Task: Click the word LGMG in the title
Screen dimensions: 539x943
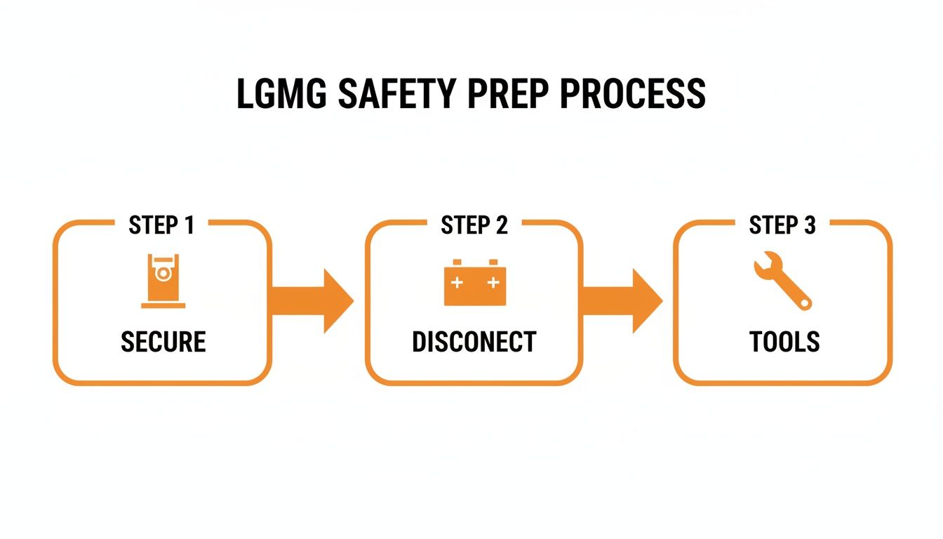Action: (x=281, y=95)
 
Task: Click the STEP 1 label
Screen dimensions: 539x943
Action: (x=161, y=225)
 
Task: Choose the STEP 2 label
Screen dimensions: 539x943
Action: (x=474, y=225)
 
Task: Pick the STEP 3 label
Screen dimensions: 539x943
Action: (x=782, y=225)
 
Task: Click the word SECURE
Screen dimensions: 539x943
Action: (x=163, y=342)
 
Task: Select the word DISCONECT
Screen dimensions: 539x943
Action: (x=474, y=342)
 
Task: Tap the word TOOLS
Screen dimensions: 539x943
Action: (x=784, y=342)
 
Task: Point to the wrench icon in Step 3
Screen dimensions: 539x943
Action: (x=782, y=281)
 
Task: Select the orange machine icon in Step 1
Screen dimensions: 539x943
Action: (x=163, y=281)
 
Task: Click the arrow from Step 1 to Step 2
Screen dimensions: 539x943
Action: (x=312, y=301)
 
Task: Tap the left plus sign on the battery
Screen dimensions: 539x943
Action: (x=457, y=283)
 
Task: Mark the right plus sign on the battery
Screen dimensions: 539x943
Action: (x=493, y=283)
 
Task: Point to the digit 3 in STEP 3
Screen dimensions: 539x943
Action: (x=810, y=225)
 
